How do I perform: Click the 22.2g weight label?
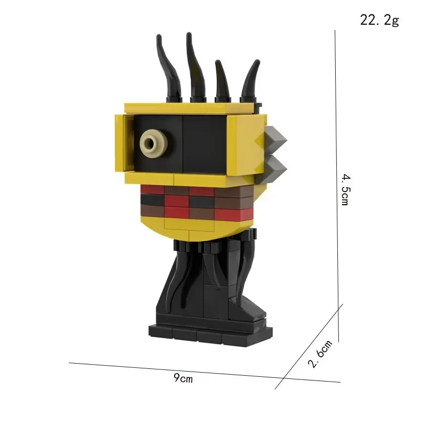coord(379,21)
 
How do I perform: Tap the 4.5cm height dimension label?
coord(345,189)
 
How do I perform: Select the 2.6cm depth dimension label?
coord(320,354)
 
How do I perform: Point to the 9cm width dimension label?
coord(183,378)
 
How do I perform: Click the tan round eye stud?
coord(152,143)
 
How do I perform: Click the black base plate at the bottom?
coord(210,332)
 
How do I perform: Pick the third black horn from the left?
coord(222,82)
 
